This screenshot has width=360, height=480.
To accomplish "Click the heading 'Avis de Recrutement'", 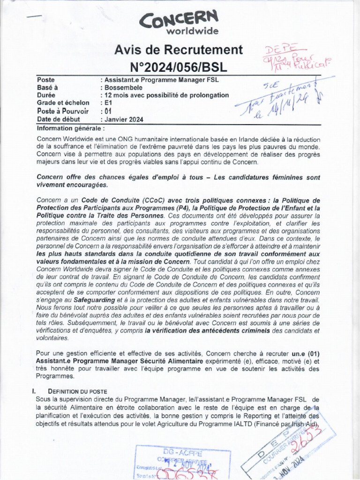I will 179,50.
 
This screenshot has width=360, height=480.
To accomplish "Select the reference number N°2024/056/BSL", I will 179,67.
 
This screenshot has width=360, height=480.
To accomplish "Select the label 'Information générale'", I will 69,127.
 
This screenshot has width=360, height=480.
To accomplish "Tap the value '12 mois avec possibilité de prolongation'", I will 166,95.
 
